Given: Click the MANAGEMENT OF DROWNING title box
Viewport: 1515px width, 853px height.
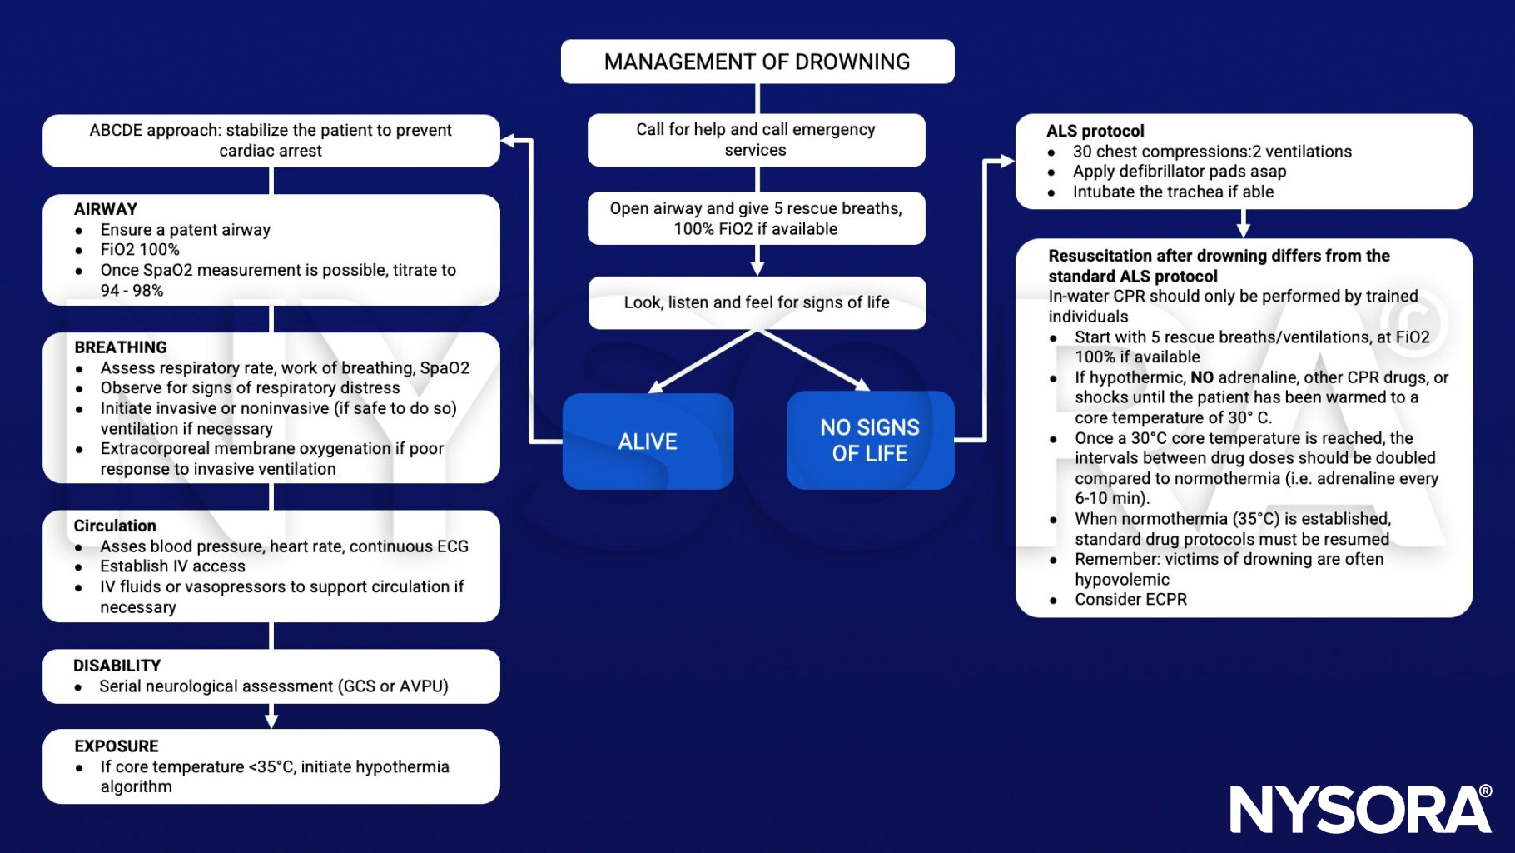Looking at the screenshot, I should pos(757,62).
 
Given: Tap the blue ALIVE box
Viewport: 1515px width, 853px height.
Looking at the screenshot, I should pos(648,441).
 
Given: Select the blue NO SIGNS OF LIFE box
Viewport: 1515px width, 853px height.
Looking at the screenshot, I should pos(870,440).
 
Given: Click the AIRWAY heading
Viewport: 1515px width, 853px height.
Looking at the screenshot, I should pos(106,209).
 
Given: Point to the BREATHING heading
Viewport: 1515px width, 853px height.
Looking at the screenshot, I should pos(121,347).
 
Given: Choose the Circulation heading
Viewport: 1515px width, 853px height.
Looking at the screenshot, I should pos(115,526).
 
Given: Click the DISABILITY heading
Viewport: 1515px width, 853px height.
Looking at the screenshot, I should pos(117,666).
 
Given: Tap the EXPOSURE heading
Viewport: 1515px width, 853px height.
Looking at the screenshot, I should pos(116,746).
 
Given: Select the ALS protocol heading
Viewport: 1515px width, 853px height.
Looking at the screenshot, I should pos(1095,131).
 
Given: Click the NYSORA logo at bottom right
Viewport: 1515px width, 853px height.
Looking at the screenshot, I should pos(1360,809).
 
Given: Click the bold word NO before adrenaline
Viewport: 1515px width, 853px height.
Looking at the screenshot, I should pos(1201,377).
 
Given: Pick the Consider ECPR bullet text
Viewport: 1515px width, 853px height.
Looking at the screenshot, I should pos(1130,600).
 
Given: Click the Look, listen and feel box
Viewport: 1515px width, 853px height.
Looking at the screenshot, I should pos(757,302).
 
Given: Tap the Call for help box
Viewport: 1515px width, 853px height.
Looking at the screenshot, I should pos(756,140).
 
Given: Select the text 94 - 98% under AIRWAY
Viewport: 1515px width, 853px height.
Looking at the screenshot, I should pos(132,291).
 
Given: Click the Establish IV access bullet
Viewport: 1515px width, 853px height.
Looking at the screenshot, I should pos(172,566).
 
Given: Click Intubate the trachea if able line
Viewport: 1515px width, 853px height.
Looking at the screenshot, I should pos(1173,192).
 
